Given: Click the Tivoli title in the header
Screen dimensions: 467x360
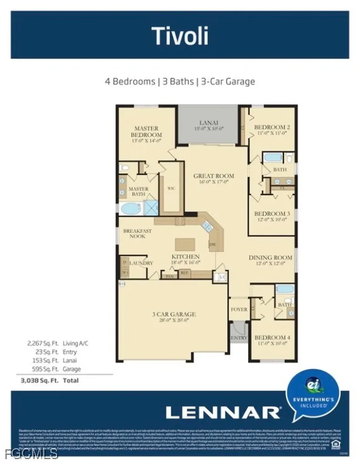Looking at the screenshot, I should tap(180, 36).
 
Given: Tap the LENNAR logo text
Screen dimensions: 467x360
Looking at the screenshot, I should tap(223, 412).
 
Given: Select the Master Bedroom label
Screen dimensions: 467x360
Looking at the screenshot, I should tap(146, 132).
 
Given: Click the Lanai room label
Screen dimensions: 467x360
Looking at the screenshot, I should tap(209, 123).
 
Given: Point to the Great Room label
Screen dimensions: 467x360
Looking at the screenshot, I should tap(213, 176).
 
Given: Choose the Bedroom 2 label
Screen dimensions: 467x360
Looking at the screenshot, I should tap(272, 127).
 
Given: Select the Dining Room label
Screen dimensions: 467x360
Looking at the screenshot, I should tap(270, 257).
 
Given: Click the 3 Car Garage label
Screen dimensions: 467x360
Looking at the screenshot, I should tap(174, 314).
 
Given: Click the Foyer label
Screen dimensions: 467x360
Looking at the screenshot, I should tap(239, 309).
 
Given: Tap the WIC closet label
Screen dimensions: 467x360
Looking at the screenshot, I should tap(171, 187).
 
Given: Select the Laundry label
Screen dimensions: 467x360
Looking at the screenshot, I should tap(141, 263).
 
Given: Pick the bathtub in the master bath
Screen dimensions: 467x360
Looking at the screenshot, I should tap(131, 208).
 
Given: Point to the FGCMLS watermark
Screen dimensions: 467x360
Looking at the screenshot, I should tap(29, 454).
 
